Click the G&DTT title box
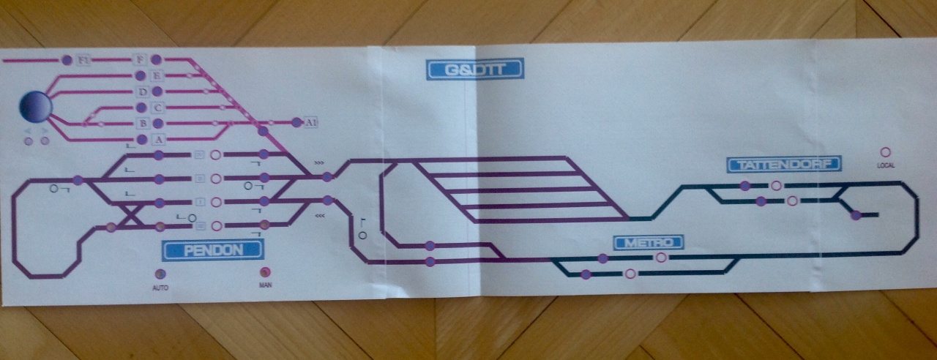click(475, 70)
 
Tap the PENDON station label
click(212, 250)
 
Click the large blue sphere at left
click(36, 107)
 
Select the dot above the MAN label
click(265, 273)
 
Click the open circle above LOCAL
click(885, 152)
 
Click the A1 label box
click(311, 122)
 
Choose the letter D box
click(143, 91)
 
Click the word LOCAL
click(886, 165)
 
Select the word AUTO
click(160, 288)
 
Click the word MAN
click(265, 286)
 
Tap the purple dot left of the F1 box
click(67, 59)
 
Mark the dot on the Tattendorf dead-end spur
click(856, 215)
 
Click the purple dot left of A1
click(296, 122)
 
